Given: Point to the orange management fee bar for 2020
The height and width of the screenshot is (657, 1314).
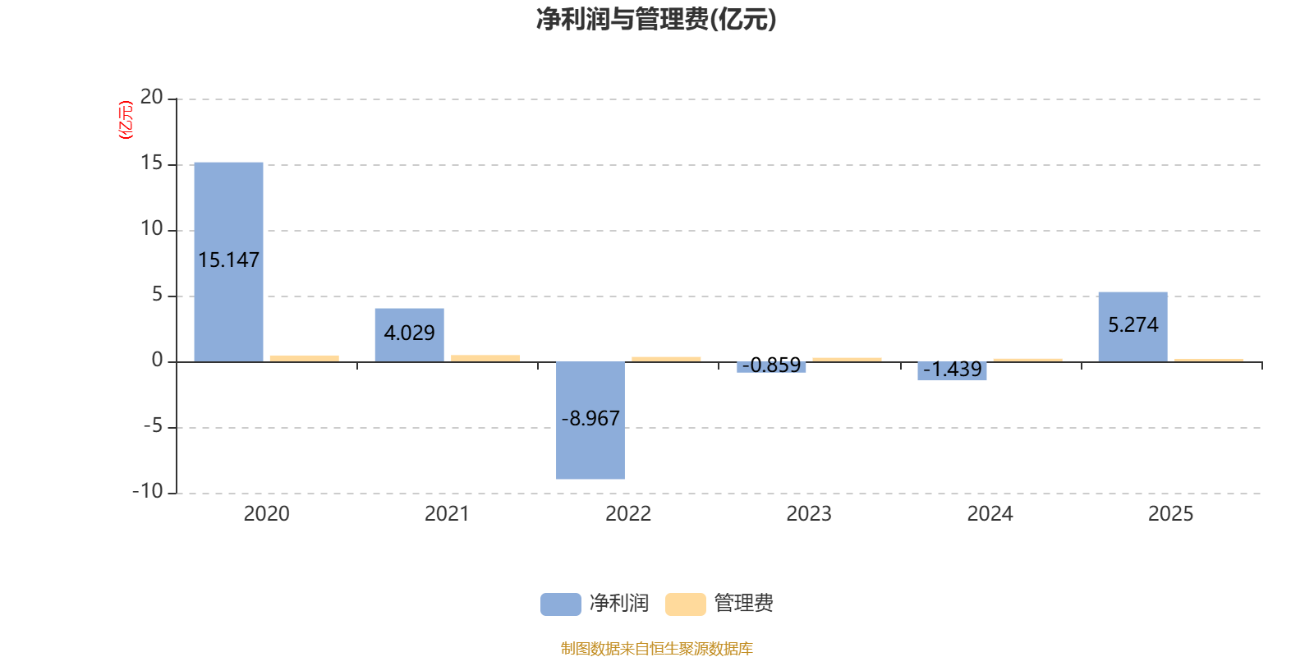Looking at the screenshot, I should point(304,357).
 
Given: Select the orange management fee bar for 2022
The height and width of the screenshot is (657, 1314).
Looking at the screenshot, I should point(666,358).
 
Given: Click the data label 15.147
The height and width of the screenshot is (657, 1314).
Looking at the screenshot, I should point(228,260).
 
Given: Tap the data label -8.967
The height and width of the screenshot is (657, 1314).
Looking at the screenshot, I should point(590,419).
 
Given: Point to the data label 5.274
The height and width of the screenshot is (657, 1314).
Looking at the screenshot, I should point(1133,325).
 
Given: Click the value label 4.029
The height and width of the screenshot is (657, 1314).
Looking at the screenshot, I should point(409,333).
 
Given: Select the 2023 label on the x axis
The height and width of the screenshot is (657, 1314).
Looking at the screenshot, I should point(808,514).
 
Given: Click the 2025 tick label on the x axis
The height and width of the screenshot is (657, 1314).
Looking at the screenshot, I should point(1169,514).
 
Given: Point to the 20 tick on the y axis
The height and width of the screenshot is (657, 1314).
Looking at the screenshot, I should point(152,98).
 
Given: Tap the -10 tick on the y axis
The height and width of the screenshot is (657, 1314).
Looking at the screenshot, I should point(148,491).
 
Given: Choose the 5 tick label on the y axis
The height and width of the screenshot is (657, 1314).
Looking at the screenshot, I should point(157,295).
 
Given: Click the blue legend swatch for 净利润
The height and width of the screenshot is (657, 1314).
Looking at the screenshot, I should point(560,604).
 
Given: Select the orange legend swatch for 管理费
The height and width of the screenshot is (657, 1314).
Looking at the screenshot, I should point(685,604).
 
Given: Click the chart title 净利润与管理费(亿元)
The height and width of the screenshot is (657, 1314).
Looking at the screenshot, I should point(655,19).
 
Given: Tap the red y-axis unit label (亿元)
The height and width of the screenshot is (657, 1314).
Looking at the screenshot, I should point(126,120).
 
